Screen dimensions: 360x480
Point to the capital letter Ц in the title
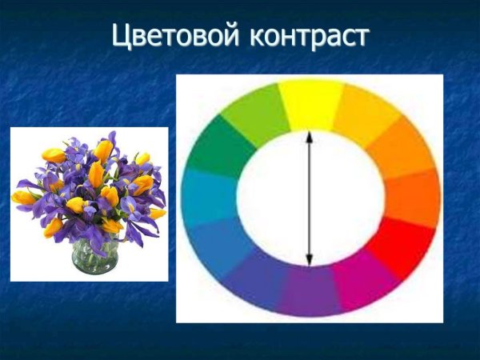coord(121,35)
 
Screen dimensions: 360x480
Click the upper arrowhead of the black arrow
coord(310,136)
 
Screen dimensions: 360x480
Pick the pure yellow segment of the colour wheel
coord(311,104)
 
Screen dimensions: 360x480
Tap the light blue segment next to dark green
coord(208,197)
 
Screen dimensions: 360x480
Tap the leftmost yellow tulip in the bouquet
coord(23,197)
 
